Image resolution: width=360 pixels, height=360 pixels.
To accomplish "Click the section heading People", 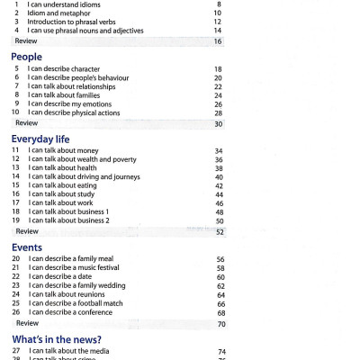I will coord(26,56).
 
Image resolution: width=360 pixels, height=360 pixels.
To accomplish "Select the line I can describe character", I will coord(66,69).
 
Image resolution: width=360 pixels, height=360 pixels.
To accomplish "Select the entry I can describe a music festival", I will coord(76,268).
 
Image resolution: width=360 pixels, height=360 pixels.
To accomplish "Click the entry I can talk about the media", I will coord(72,351).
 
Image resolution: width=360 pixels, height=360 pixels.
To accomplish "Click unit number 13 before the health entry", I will coord(15,168).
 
